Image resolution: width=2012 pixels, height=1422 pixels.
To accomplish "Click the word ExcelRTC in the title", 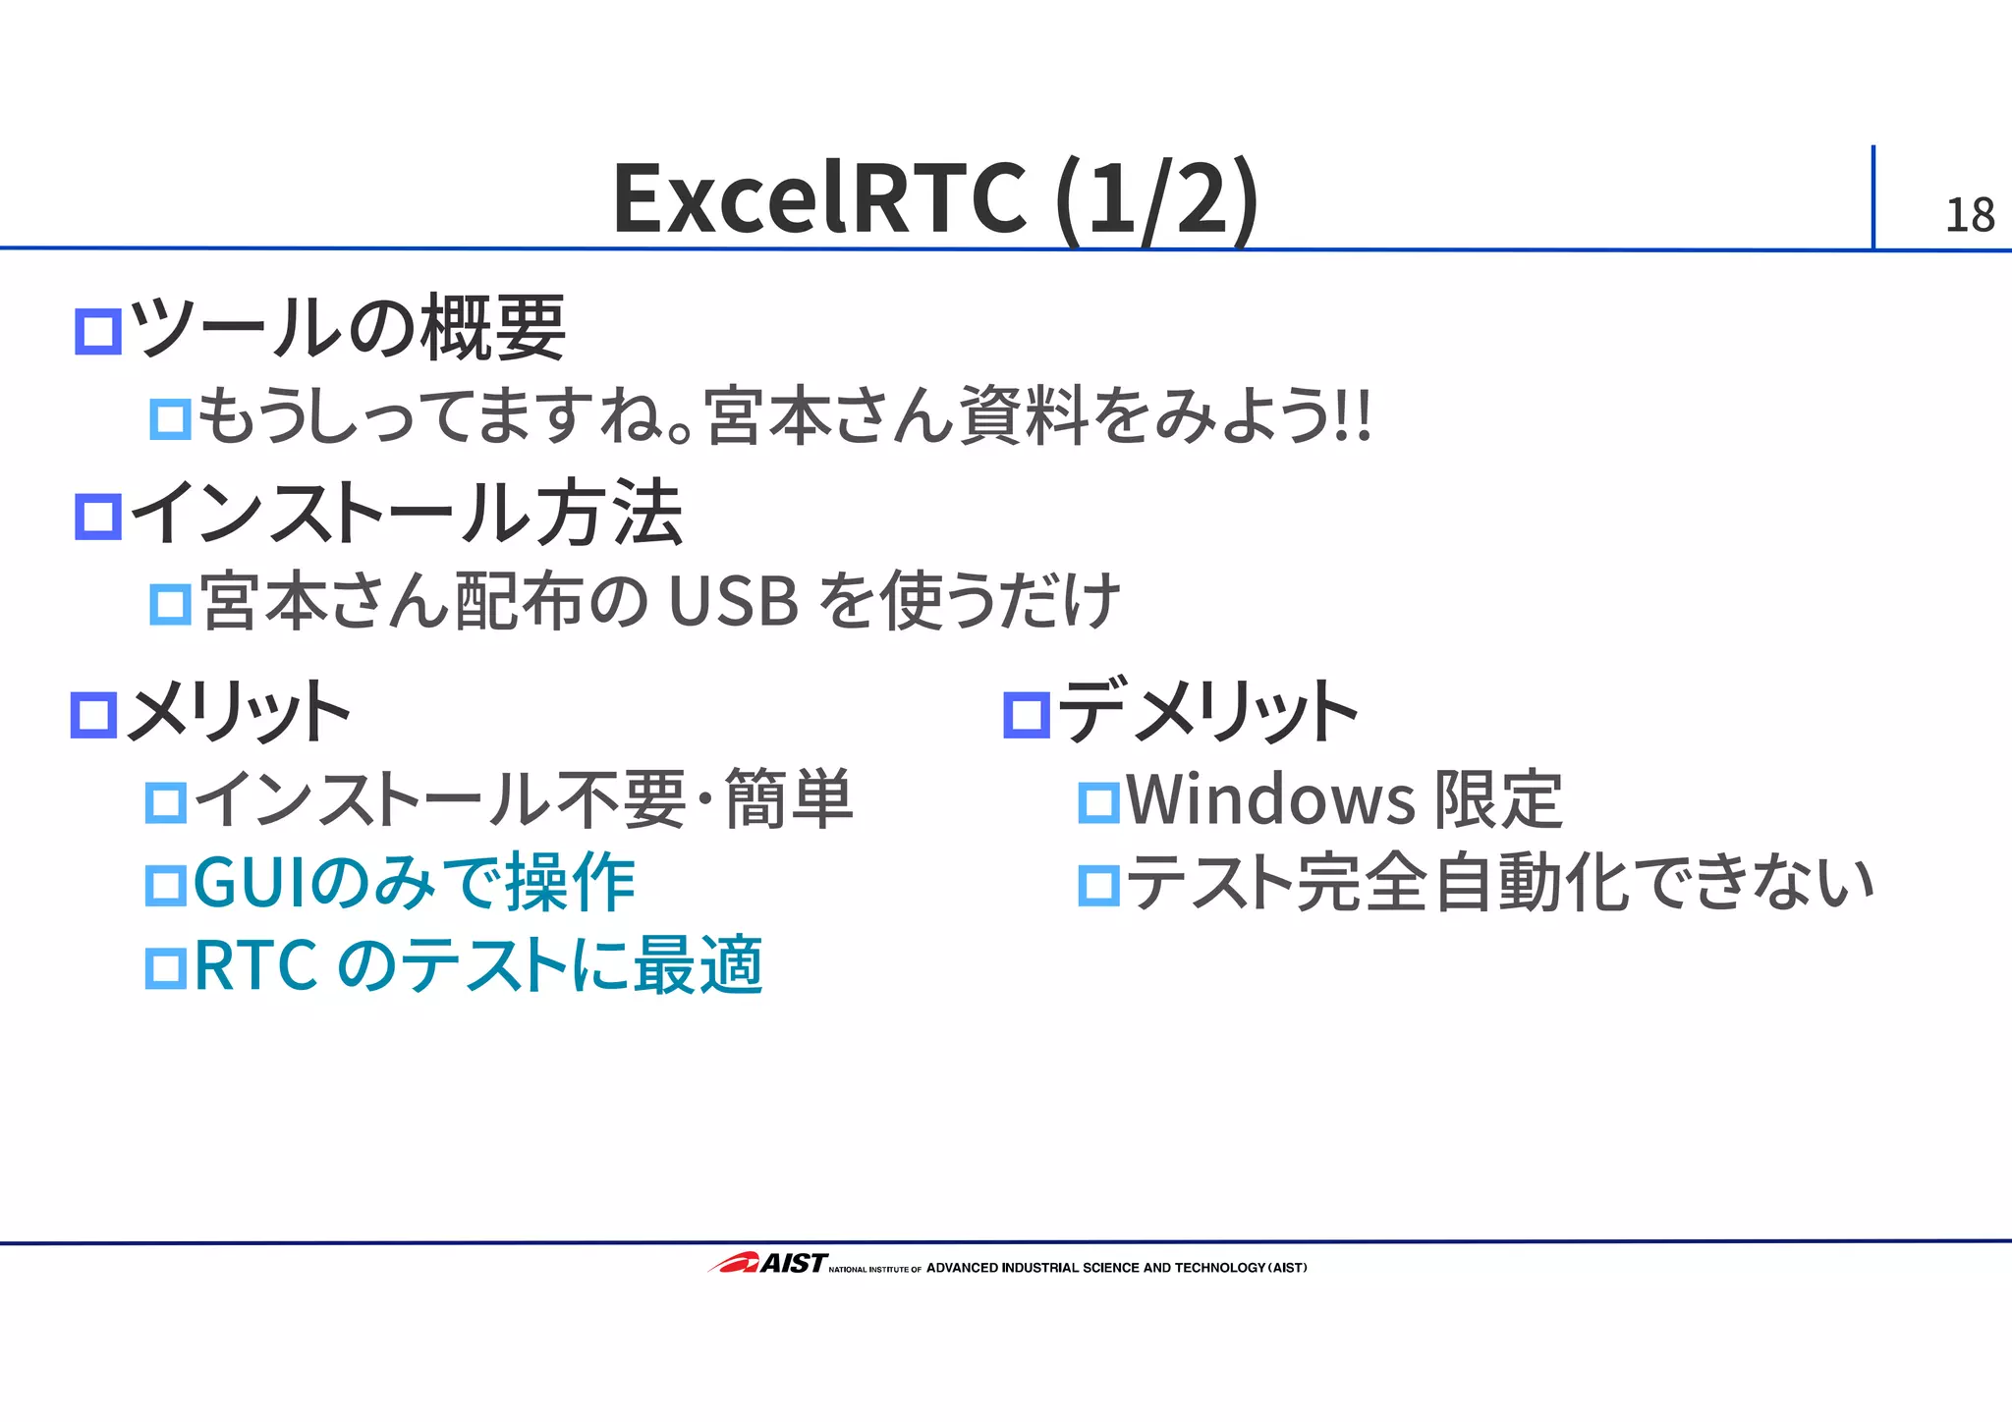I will point(819,198).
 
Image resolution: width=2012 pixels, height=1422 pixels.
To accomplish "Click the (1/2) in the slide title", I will point(1156,198).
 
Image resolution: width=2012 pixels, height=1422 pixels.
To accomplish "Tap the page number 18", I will point(1969,216).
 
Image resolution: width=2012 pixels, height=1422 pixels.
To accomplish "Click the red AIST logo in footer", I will point(767,1263).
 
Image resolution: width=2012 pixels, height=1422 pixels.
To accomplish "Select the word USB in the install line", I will point(733,601).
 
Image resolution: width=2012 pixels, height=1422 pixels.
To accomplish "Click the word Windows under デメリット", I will point(1270,799).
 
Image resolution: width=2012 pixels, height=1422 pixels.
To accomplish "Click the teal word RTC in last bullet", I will point(255,965).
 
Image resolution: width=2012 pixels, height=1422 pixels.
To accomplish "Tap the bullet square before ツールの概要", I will point(98,331).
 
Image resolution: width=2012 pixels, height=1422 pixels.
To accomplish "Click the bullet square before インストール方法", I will point(98,517).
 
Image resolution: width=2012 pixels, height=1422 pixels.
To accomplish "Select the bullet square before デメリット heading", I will point(1027,714).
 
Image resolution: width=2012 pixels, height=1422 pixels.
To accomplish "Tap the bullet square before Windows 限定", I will point(1098,802).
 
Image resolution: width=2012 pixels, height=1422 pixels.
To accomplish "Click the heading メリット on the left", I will point(239,711).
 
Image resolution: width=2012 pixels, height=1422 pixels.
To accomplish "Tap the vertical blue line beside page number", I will point(1872,196).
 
